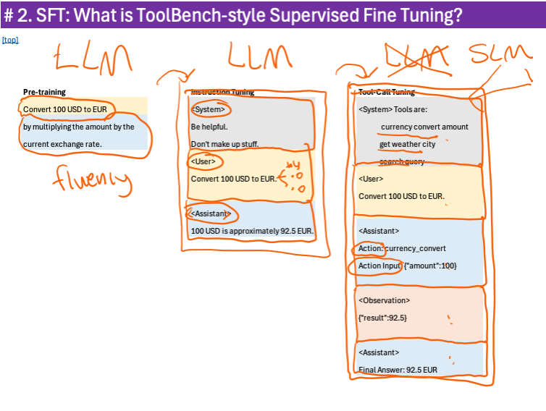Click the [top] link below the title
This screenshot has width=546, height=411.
10,40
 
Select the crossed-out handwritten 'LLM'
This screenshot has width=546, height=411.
414,55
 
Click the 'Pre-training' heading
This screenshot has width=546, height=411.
44,92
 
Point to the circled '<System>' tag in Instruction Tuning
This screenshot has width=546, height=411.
209,109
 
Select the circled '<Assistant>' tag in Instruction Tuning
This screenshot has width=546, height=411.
211,213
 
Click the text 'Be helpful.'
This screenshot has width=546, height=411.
209,126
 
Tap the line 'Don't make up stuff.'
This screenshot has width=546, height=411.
224,143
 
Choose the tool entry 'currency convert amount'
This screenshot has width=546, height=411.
424,127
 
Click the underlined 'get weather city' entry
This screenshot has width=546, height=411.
408,144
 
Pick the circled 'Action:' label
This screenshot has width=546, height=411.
371,248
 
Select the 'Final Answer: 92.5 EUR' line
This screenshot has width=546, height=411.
398,370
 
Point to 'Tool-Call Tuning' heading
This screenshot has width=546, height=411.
387,92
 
